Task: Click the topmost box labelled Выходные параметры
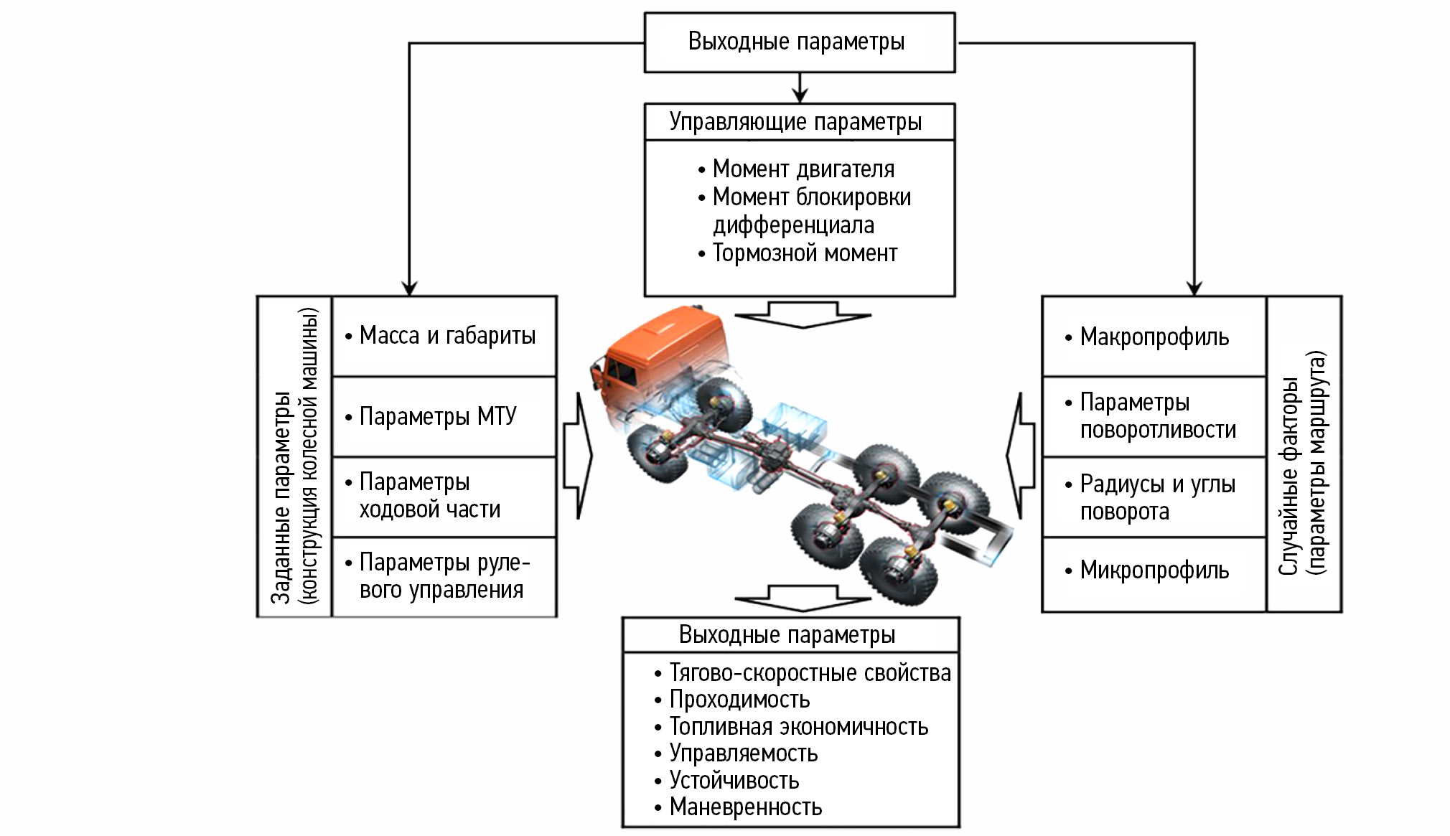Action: [799, 42]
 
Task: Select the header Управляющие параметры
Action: [795, 122]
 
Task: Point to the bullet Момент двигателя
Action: [803, 169]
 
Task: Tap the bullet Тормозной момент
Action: [804, 253]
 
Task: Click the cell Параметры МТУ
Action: [438, 416]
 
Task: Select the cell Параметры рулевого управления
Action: [442, 576]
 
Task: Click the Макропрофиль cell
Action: [1154, 337]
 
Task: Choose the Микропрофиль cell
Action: [1154, 570]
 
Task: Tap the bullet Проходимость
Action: [739, 700]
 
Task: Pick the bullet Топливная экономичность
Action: [798, 727]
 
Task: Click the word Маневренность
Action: [745, 807]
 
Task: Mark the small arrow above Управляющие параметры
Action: [800, 89]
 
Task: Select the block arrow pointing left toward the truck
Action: [1021, 455]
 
